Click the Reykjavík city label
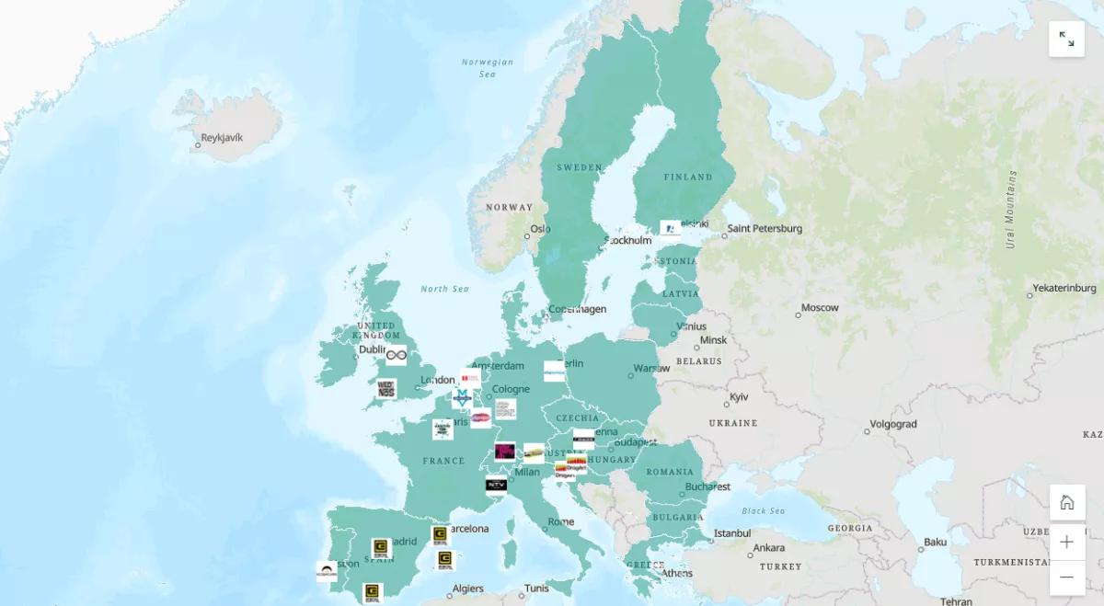coord(222,138)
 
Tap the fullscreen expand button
coord(1066,39)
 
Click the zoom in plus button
coord(1066,542)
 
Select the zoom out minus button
coord(1066,577)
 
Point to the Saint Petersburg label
coord(765,229)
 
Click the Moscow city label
coord(820,308)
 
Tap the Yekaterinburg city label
coord(1064,289)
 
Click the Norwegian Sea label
coord(488,68)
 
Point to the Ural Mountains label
coord(1011,210)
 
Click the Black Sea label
coord(763,511)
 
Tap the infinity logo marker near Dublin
coord(397,355)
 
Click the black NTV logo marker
coord(496,485)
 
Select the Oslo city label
coord(540,230)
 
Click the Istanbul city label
coord(732,533)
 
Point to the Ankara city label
coord(769,548)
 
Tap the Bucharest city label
coord(707,487)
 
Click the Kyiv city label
coord(739,398)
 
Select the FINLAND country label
coord(688,177)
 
